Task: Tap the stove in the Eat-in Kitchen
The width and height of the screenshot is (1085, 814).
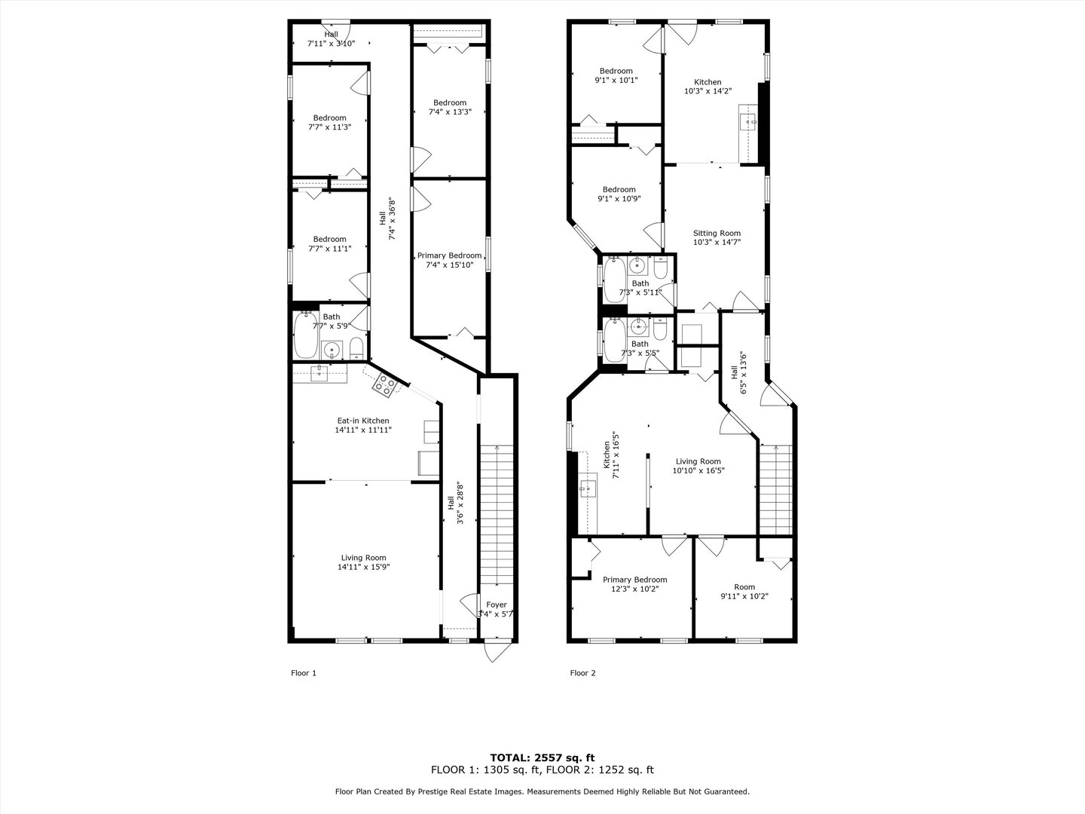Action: click(384, 386)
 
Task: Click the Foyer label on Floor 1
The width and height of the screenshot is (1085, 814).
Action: click(496, 604)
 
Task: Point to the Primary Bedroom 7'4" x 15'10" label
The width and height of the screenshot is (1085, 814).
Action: click(449, 260)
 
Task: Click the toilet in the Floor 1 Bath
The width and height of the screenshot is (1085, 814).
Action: click(357, 349)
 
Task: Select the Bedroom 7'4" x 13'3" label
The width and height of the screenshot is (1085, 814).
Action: click(449, 107)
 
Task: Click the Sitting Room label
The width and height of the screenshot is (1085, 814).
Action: click(717, 237)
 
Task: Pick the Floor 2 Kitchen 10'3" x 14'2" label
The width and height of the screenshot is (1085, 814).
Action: click(708, 87)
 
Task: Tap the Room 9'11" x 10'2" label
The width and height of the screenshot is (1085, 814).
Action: click(744, 592)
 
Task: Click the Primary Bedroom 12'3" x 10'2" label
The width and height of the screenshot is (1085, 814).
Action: click(634, 584)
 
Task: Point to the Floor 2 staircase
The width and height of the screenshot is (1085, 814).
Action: click(775, 490)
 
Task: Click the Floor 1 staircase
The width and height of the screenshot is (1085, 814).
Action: click(497, 513)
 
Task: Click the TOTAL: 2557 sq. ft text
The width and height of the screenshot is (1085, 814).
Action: click(542, 757)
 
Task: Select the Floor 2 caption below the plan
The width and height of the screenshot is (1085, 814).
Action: click(582, 673)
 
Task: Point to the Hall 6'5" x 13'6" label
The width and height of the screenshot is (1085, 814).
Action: click(738, 373)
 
